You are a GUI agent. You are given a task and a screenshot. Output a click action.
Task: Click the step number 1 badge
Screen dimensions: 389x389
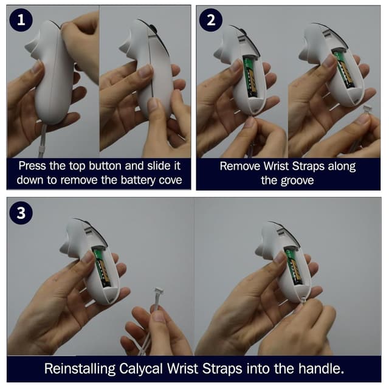21,20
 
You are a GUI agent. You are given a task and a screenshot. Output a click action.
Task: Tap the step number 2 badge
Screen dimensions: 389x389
211,20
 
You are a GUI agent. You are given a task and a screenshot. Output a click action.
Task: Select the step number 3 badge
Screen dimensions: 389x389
21,213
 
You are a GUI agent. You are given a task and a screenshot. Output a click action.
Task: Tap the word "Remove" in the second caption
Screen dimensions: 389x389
240,166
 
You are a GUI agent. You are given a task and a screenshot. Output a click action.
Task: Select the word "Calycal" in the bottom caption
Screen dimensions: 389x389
141,369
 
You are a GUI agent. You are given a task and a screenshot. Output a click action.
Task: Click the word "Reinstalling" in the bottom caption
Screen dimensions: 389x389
80,369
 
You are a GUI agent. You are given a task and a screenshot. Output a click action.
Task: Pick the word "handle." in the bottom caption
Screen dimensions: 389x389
322,368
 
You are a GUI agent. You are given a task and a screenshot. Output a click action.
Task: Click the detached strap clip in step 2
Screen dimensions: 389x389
367,109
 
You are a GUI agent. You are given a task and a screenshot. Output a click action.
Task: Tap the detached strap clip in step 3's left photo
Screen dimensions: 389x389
159,291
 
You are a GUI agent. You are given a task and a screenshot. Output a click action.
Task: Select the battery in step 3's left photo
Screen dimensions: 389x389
102,267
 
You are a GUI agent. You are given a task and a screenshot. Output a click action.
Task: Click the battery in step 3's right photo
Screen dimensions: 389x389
294,266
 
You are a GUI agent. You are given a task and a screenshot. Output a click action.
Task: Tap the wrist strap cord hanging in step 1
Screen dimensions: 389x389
42,140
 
